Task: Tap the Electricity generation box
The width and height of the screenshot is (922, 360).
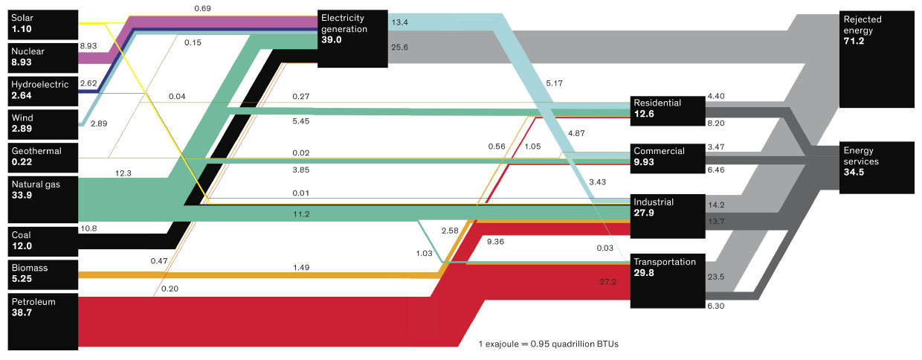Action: coord(353,38)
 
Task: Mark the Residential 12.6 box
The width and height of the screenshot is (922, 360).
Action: coord(667,109)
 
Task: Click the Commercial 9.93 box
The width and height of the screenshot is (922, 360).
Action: coord(667,157)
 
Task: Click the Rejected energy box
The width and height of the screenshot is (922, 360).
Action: coord(877,59)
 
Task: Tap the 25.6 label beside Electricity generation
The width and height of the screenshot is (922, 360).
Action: coord(399,48)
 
